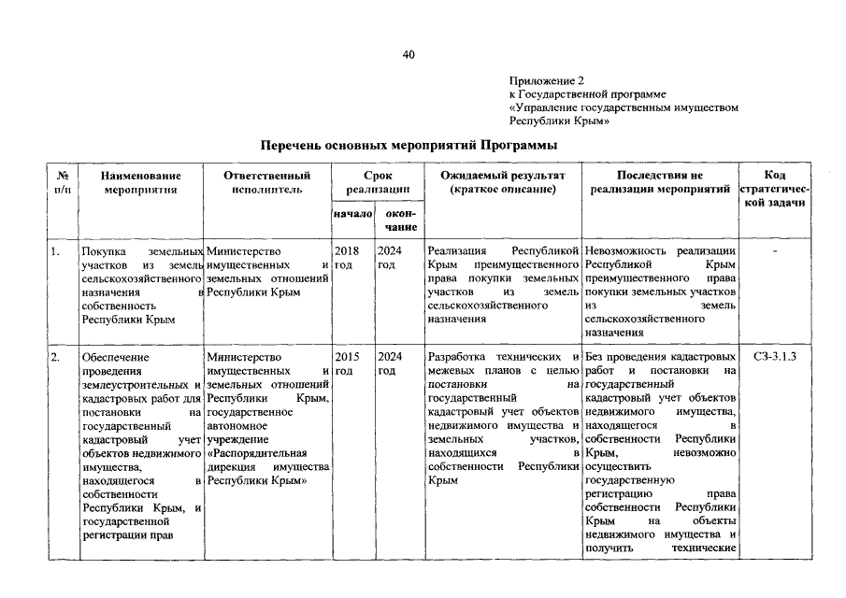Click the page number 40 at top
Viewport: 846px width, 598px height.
click(x=409, y=54)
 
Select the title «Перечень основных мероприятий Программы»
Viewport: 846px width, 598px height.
click(x=409, y=146)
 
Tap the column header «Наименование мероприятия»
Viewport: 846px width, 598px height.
click(x=140, y=182)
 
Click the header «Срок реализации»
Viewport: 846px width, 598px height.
click(x=377, y=182)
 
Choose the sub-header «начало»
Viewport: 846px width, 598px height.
click(x=351, y=215)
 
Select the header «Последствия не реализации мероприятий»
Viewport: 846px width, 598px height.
click(x=660, y=182)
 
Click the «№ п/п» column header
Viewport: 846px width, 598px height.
click(x=63, y=182)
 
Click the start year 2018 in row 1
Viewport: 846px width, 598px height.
click(x=345, y=251)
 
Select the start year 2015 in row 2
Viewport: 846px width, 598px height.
click(x=345, y=356)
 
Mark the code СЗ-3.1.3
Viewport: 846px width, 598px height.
click(x=774, y=356)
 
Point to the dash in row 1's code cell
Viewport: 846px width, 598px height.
click(x=774, y=251)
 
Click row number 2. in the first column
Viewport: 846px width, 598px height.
click(x=57, y=356)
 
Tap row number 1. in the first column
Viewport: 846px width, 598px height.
click(x=56, y=251)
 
